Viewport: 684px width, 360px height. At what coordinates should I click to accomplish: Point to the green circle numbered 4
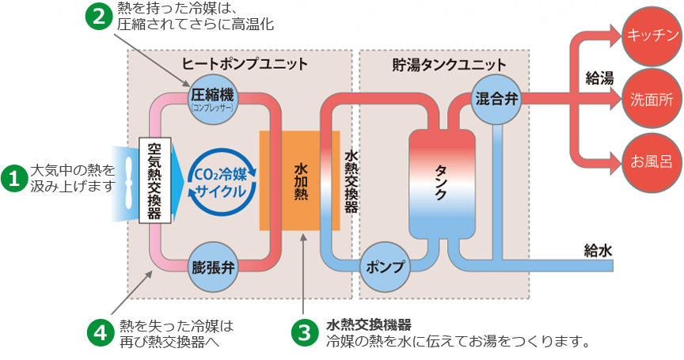[x=100, y=332]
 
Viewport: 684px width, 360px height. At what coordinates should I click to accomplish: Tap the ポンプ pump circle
[x=386, y=267]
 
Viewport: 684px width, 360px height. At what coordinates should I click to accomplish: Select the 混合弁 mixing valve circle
[x=496, y=100]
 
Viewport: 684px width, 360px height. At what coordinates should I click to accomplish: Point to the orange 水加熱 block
[x=302, y=180]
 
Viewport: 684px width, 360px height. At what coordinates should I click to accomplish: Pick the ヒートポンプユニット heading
[x=245, y=63]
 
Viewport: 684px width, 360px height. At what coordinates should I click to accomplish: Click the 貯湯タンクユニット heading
[x=449, y=63]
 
